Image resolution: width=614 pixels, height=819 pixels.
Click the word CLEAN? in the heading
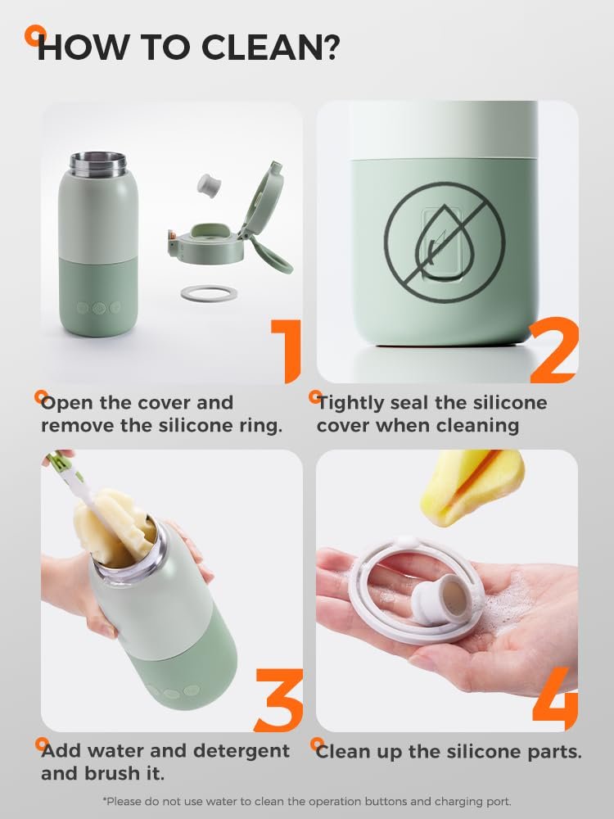[270, 48]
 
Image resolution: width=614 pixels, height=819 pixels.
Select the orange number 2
[554, 350]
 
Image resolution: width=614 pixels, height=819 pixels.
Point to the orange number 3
[279, 700]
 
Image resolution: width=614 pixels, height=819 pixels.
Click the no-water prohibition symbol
[445, 242]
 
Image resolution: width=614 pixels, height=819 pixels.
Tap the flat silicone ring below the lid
[209, 293]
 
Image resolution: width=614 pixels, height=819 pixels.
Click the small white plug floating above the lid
[208, 185]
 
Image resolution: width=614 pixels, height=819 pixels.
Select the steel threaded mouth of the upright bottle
[98, 163]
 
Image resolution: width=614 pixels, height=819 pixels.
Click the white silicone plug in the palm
[440, 597]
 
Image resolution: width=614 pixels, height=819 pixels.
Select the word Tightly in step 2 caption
[350, 403]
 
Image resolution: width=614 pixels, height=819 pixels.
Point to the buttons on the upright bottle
[99, 308]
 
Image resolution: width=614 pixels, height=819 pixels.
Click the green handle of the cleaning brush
[63, 465]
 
